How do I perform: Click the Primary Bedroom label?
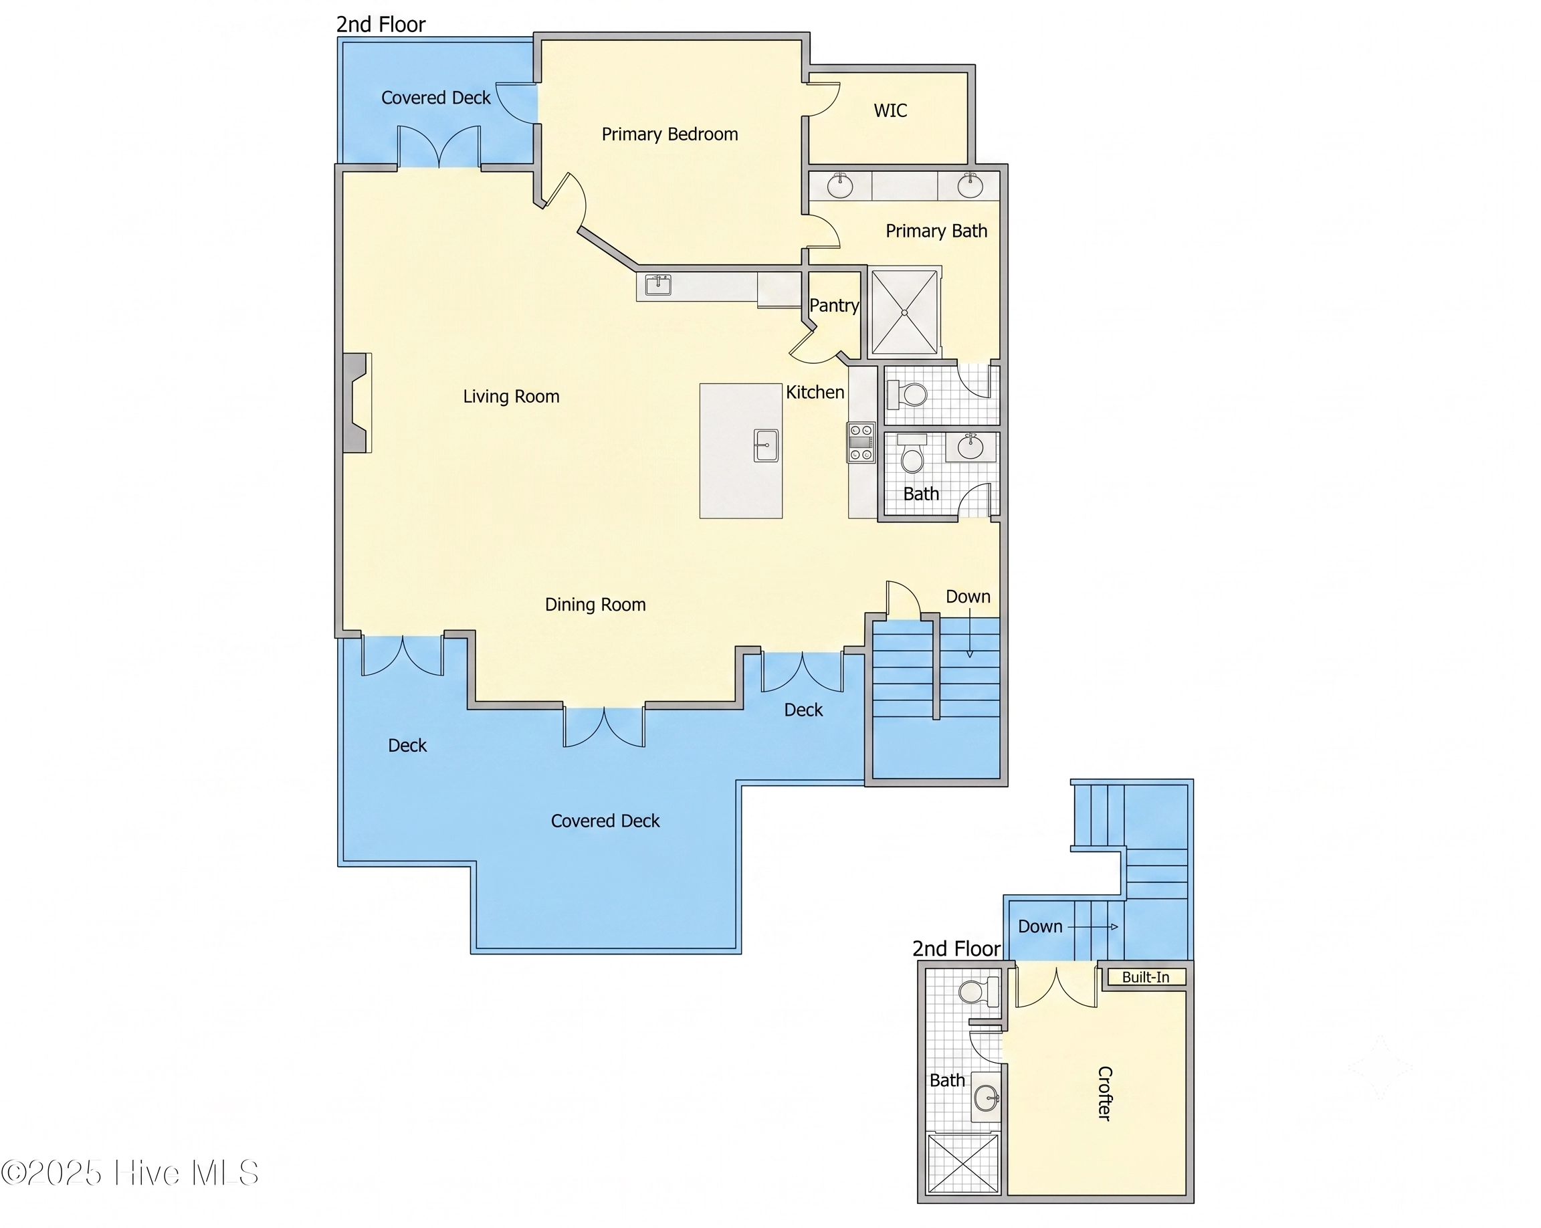click(x=670, y=134)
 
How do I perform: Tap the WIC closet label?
click(x=891, y=111)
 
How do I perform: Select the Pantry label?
click(x=833, y=306)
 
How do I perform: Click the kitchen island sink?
click(x=766, y=445)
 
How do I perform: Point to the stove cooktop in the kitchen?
click(x=861, y=443)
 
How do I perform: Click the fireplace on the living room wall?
click(x=356, y=403)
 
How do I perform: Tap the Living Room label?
click(x=511, y=397)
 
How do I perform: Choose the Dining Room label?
click(x=595, y=605)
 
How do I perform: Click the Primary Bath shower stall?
click(x=904, y=312)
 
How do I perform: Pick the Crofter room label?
click(x=1105, y=1093)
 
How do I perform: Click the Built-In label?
click(x=1146, y=977)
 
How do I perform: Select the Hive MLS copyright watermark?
click(x=129, y=1173)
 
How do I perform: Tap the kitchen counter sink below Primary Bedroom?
click(x=657, y=285)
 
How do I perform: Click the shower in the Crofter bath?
click(x=962, y=1163)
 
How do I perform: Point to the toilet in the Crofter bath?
click(x=978, y=992)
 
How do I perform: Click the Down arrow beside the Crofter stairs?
click(x=1093, y=927)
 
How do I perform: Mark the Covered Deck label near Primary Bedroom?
click(x=436, y=98)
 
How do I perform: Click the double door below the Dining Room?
click(x=604, y=727)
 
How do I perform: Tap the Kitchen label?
click(x=815, y=393)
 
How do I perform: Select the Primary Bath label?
click(x=936, y=231)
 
